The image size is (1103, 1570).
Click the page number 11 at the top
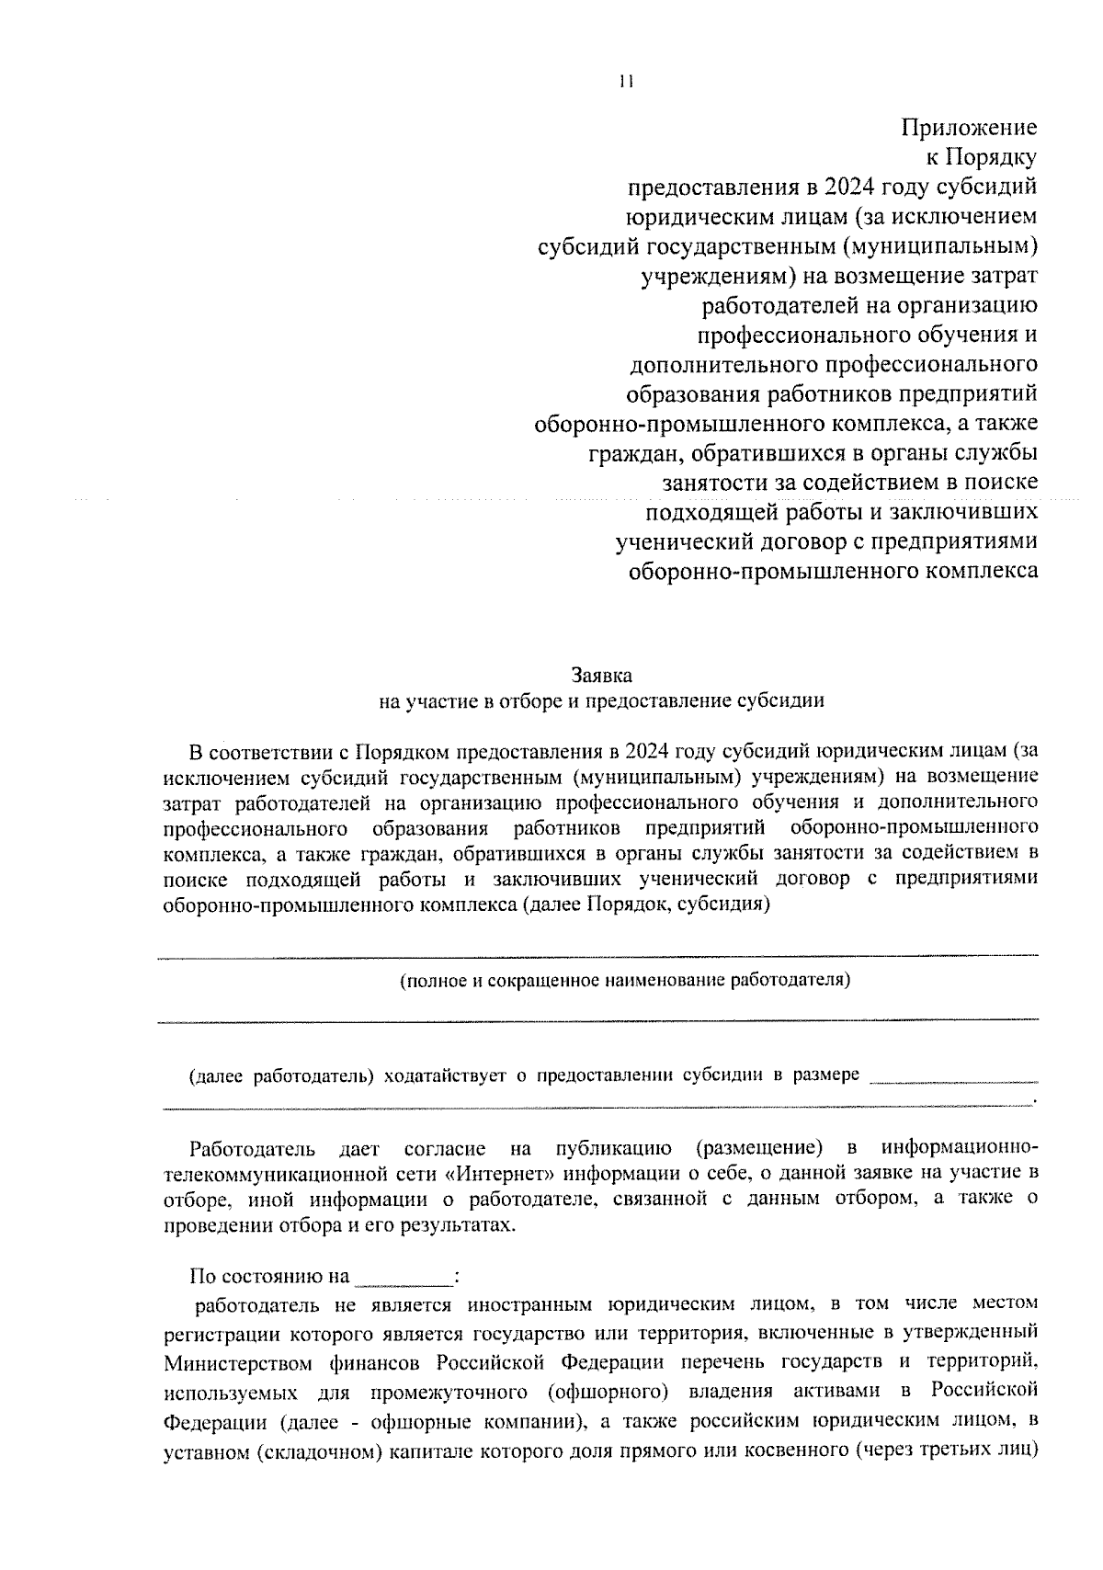tap(626, 81)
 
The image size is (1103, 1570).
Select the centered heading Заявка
tap(602, 676)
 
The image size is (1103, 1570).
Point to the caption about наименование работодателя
tap(625, 980)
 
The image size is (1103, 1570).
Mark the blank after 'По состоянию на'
tap(404, 1277)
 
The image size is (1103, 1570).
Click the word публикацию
tap(613, 1148)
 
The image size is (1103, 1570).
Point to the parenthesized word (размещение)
tap(758, 1148)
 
